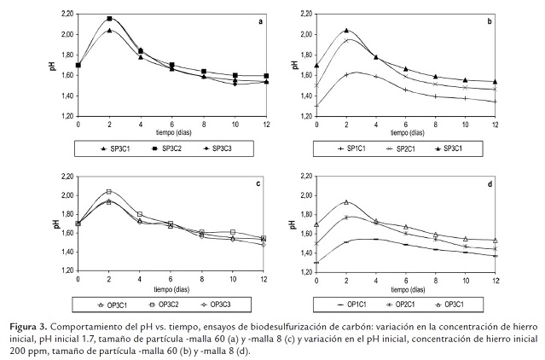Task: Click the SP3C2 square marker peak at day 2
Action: pyautogui.click(x=109, y=18)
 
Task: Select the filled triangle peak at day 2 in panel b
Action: pyautogui.click(x=346, y=31)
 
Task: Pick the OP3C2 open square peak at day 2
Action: pyautogui.click(x=109, y=192)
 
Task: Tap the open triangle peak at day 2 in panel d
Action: pyautogui.click(x=346, y=202)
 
